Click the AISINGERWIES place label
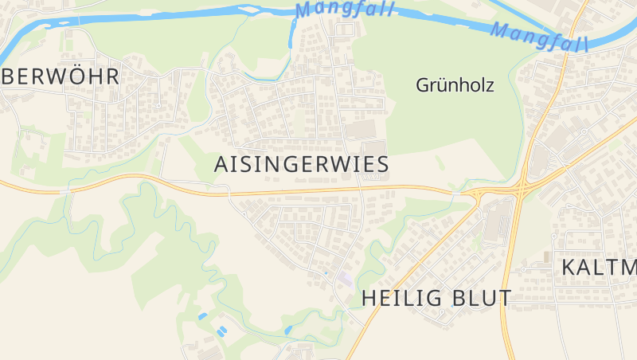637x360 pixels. [301, 165]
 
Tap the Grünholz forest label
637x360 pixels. [455, 85]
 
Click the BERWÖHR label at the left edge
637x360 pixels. [61, 76]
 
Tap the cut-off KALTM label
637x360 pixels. [599, 268]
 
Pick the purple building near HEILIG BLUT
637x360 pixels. [346, 280]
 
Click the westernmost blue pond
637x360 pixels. [202, 316]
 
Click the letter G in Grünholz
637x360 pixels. [422, 85]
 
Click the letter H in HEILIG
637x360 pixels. [369, 298]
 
